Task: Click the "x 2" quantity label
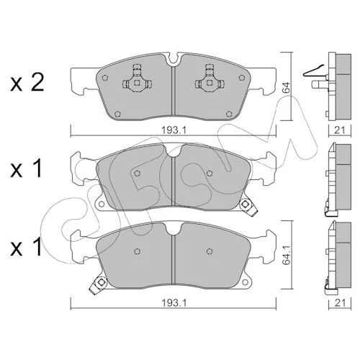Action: [27, 82]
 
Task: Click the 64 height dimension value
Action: [287, 88]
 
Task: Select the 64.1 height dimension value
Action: [287, 255]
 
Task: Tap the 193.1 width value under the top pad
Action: [174, 130]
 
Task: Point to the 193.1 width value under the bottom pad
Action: [174, 303]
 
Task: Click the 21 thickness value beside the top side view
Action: [340, 130]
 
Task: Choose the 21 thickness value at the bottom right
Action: [340, 303]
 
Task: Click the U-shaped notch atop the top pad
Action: [174, 59]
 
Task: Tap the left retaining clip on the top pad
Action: [137, 78]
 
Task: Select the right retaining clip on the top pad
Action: [210, 78]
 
